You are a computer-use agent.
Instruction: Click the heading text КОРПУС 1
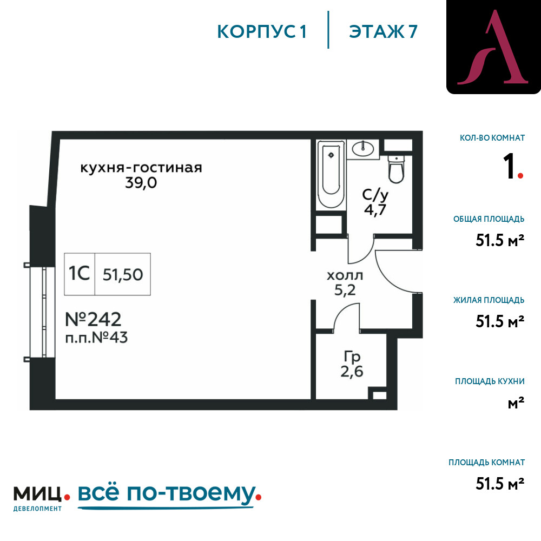(261, 32)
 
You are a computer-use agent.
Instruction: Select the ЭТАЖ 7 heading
(384, 32)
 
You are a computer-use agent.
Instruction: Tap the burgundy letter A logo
(493, 47)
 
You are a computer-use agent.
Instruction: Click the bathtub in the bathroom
(331, 174)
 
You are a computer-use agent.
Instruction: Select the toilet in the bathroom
(397, 169)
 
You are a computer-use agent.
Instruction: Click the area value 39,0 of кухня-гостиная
(141, 182)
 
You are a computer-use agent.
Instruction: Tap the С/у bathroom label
(375, 195)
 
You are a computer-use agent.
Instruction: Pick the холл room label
(345, 276)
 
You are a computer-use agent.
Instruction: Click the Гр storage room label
(352, 357)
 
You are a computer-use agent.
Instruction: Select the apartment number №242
(93, 319)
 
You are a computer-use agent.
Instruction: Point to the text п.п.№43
(97, 338)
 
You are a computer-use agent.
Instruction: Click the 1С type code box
(80, 274)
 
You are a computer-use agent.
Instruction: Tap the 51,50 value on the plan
(123, 275)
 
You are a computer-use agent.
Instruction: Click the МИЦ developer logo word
(37, 494)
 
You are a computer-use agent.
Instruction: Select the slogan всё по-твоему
(167, 493)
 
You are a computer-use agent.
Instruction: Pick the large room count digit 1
(509, 166)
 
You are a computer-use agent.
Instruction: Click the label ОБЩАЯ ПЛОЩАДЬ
(489, 219)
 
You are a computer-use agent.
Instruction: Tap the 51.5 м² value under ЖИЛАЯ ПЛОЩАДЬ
(500, 321)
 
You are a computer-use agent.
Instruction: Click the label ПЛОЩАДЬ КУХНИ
(490, 381)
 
